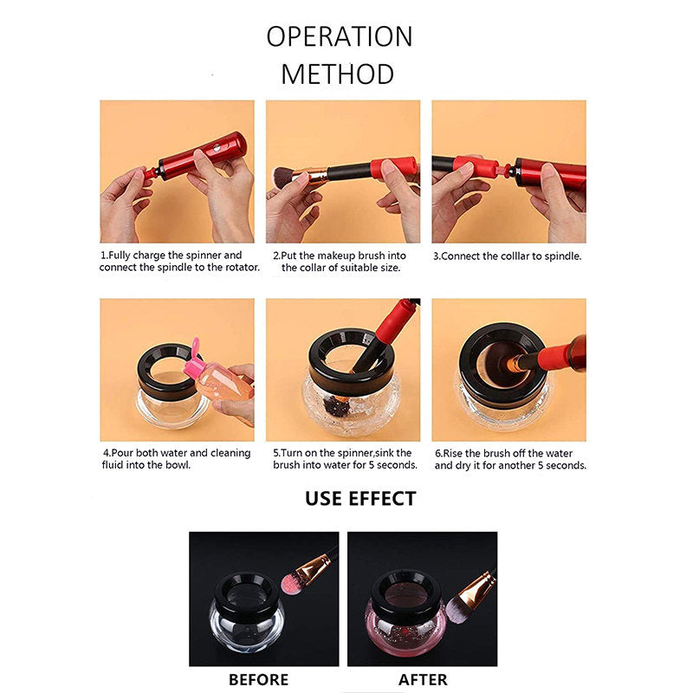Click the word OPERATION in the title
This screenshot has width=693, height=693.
[x=340, y=36]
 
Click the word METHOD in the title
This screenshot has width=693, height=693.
[x=338, y=74]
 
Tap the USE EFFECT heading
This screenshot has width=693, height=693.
[x=360, y=499]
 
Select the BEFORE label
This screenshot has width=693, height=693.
[x=258, y=679]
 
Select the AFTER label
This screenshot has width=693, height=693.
[x=423, y=679]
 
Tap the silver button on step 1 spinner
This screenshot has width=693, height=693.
[x=217, y=147]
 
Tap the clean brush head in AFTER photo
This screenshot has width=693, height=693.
[x=456, y=610]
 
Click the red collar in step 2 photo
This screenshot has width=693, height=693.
[x=393, y=168]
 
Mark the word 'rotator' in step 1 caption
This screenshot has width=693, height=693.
[x=242, y=268]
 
